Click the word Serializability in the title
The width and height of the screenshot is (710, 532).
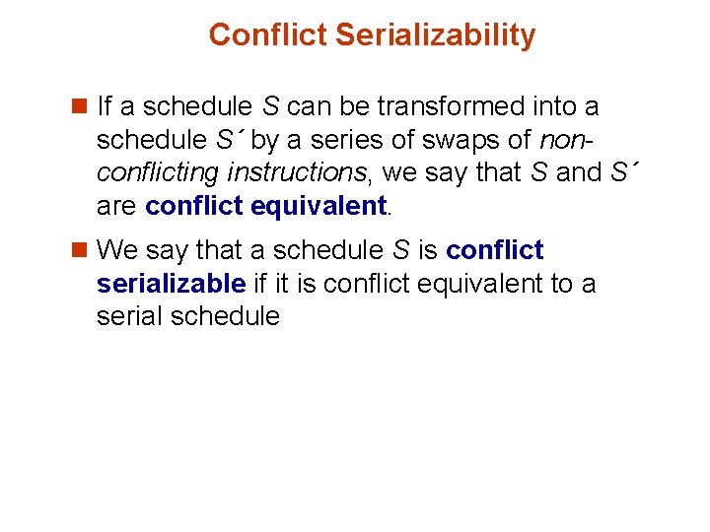click(435, 35)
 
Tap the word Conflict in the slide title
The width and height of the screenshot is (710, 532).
click(268, 35)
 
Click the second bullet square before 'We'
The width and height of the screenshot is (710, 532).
click(82, 251)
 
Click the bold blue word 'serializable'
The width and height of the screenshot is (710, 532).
click(171, 284)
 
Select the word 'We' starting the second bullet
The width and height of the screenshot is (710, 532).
click(119, 250)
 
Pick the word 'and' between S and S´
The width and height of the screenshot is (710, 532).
click(578, 172)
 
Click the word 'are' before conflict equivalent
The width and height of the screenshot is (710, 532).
click(117, 206)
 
